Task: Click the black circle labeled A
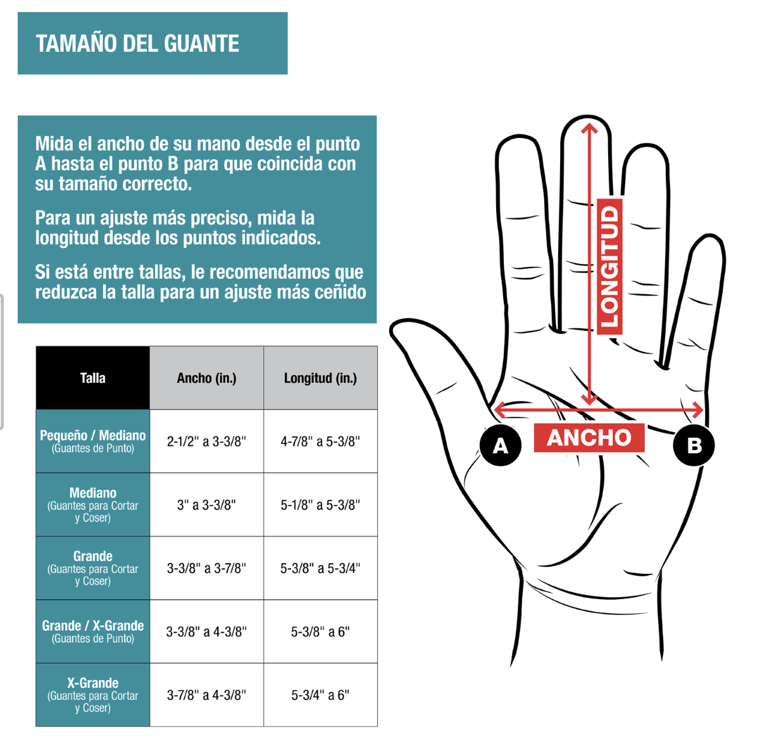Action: (x=500, y=445)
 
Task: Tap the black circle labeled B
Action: (x=694, y=445)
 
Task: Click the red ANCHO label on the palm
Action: (x=589, y=438)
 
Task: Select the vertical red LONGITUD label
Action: (x=609, y=266)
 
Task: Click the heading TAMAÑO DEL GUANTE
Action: (x=137, y=43)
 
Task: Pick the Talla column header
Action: (x=93, y=378)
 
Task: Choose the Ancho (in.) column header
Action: (x=206, y=378)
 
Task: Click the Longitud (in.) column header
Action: (x=320, y=378)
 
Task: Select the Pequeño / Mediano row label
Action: (x=93, y=441)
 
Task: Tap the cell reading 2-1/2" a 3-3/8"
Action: (x=206, y=442)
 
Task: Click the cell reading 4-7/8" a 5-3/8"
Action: (x=320, y=442)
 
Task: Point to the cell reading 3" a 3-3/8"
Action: (x=206, y=505)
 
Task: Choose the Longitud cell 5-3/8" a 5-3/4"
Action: (x=320, y=568)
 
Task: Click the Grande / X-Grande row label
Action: (x=93, y=631)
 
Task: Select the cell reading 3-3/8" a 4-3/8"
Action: (x=206, y=631)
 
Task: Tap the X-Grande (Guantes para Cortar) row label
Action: (x=93, y=695)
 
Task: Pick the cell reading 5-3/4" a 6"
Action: (x=320, y=695)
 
